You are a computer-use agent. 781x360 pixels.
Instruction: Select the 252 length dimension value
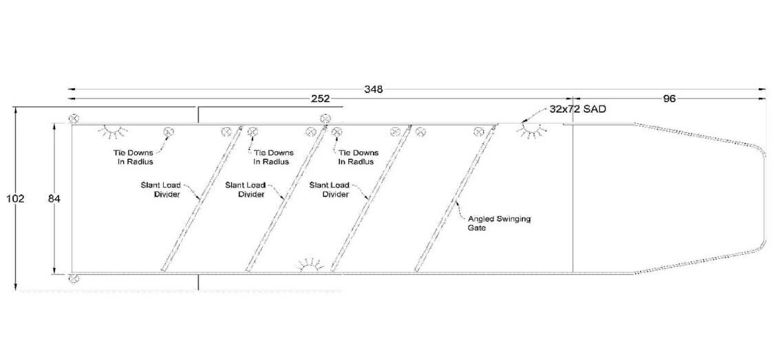(x=320, y=98)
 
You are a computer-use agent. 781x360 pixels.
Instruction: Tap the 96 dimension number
(x=670, y=98)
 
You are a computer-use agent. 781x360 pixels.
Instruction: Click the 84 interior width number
(x=54, y=199)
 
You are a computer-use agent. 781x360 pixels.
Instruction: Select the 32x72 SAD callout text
(x=578, y=109)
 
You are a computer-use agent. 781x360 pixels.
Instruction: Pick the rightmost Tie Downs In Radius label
(x=358, y=157)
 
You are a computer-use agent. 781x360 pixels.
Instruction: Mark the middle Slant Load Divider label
(x=244, y=189)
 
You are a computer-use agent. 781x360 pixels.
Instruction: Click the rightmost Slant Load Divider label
(x=329, y=189)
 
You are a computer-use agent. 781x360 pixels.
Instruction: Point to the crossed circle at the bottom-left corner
(x=74, y=278)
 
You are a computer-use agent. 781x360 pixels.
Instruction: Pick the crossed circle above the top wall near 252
(x=325, y=118)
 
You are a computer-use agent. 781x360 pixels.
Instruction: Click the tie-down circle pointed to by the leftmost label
(x=169, y=131)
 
